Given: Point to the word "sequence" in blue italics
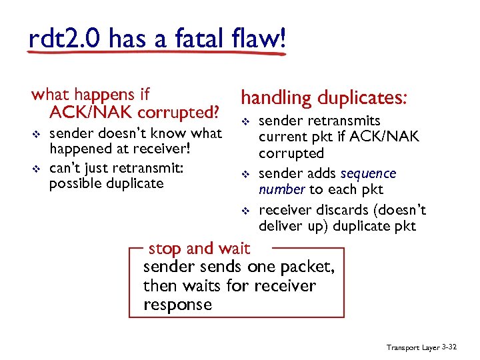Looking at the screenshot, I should [x=368, y=174].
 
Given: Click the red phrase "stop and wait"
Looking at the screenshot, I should [x=199, y=249].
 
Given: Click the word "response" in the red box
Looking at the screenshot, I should [x=177, y=305].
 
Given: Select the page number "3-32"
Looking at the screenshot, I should [x=451, y=347].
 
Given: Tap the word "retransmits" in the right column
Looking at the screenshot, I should [x=344, y=121].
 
